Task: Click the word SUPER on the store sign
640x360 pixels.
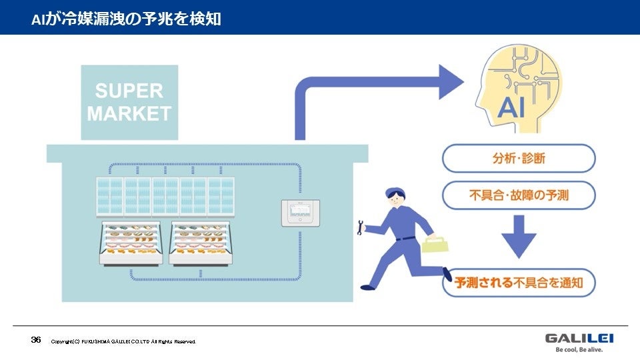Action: click(129, 91)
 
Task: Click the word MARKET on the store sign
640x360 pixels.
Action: click(129, 113)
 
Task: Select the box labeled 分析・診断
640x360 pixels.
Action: click(519, 159)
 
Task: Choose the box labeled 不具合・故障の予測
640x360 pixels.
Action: click(519, 195)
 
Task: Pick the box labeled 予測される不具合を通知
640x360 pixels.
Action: click(519, 283)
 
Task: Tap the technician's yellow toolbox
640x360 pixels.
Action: click(435, 244)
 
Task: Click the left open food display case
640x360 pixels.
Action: click(131, 243)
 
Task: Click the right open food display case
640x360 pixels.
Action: click(201, 243)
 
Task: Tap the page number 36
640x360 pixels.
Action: click(36, 340)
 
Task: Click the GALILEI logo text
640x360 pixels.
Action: click(579, 338)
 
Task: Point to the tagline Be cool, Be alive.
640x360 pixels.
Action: click(579, 349)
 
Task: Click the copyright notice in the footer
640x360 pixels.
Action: click(123, 341)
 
